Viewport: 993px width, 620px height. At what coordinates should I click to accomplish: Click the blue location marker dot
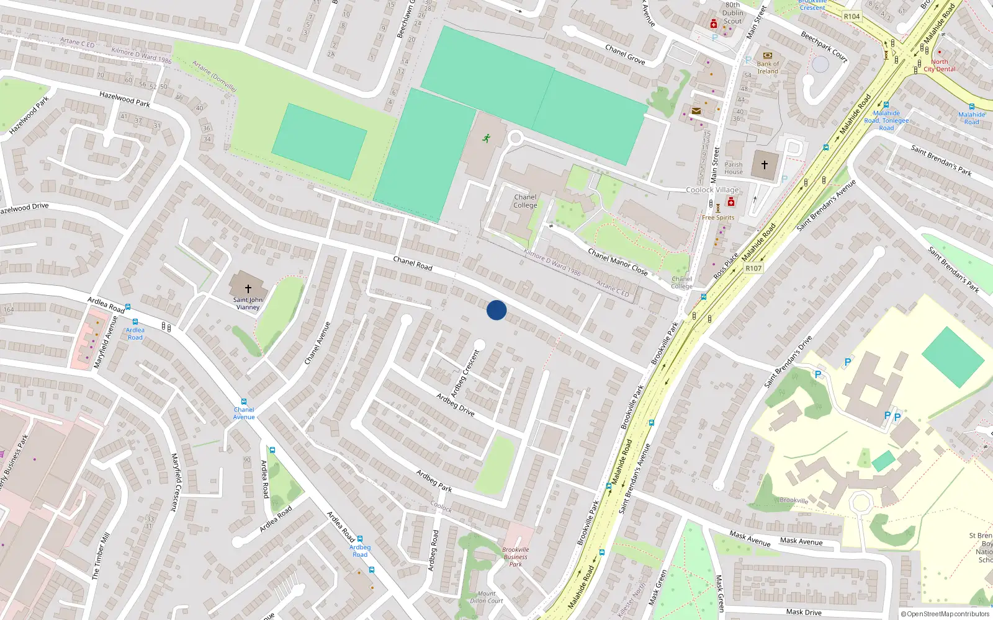(x=496, y=310)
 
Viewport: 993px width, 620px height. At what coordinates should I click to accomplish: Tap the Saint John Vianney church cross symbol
(x=248, y=288)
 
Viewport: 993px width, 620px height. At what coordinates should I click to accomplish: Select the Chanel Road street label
(x=413, y=263)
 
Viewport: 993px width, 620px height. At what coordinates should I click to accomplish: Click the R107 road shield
(x=753, y=268)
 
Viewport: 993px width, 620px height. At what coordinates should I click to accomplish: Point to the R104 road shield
(x=851, y=17)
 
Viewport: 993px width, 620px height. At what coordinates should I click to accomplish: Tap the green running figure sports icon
(x=487, y=138)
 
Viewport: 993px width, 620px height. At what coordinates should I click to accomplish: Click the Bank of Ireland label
(x=768, y=68)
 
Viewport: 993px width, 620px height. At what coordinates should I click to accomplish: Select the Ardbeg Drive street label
(x=455, y=404)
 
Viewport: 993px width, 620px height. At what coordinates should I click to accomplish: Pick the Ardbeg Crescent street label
(x=465, y=373)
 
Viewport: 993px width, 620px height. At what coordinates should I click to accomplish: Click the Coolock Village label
(x=712, y=190)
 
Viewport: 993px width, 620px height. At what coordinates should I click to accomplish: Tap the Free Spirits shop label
(x=718, y=218)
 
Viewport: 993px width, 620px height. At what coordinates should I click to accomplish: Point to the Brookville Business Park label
(x=516, y=557)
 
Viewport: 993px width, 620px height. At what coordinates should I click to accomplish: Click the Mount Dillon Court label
(x=487, y=597)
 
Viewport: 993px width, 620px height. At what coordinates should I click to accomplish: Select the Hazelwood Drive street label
(x=24, y=208)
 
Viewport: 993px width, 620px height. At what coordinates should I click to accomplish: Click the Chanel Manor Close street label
(x=618, y=262)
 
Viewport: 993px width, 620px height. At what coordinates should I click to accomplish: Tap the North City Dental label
(x=940, y=66)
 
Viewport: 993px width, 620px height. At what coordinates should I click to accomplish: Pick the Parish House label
(x=734, y=168)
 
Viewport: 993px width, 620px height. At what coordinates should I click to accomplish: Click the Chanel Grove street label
(x=625, y=55)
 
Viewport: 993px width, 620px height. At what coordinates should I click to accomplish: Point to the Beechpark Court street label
(x=824, y=46)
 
